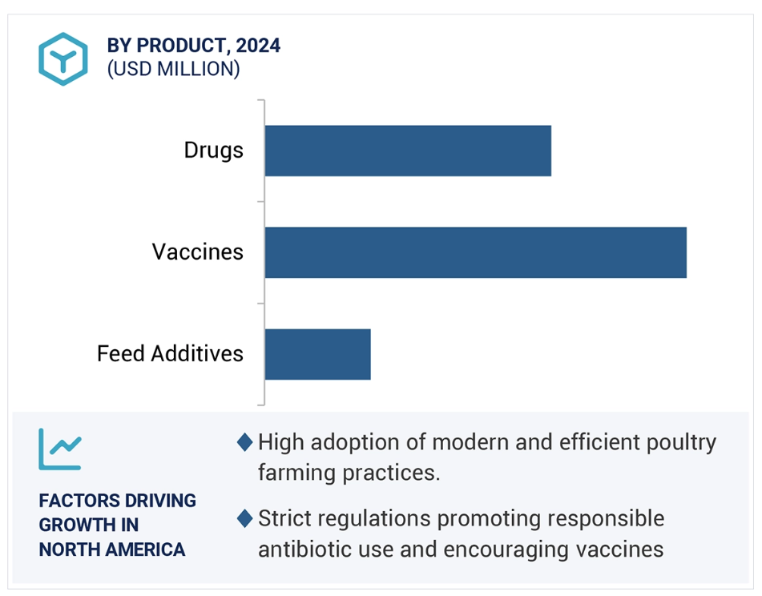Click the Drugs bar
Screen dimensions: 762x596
408,151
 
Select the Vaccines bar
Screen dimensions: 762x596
476,252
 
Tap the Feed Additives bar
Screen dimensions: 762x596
318,354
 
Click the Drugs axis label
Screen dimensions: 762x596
213,150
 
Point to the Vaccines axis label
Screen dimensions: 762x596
197,252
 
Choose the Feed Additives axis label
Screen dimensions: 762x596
170,353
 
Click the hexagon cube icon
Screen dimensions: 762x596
63,58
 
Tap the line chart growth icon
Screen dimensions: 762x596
60,449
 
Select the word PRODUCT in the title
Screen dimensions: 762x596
180,45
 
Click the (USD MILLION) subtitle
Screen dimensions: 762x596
174,69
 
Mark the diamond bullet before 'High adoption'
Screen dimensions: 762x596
244,442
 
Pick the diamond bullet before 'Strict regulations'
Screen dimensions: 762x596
244,518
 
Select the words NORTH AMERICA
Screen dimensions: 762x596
111,550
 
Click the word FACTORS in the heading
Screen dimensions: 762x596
76,501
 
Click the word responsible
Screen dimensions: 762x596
606,519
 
